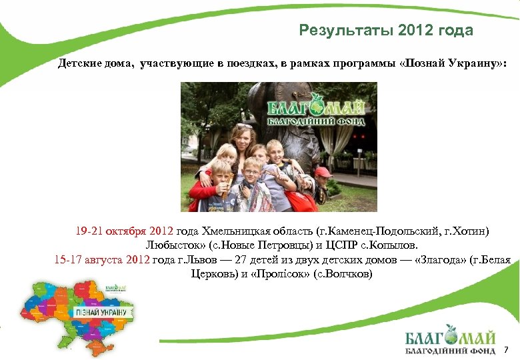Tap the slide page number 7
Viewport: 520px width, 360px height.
506,349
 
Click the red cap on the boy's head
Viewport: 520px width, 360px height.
323,172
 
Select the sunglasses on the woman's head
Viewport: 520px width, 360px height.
245,127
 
